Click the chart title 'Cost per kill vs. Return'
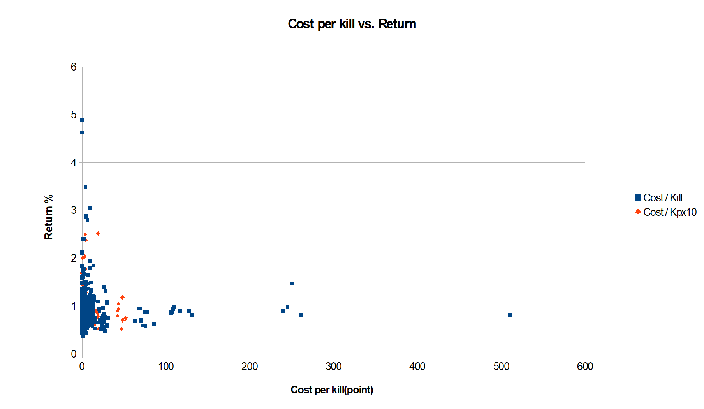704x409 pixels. (352, 24)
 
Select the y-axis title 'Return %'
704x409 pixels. (49, 217)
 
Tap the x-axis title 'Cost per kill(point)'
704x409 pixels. (332, 390)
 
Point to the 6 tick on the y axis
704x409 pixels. (74, 67)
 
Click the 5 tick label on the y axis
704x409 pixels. (74, 115)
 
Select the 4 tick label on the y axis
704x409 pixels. (74, 163)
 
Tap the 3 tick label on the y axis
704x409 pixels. (74, 210)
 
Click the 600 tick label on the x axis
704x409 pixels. (585, 366)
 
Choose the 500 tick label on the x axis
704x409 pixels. (501, 366)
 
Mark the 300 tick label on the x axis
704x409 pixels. (333, 366)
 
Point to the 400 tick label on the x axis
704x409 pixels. (417, 366)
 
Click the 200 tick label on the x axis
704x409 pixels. (250, 366)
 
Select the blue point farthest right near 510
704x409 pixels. (510, 315)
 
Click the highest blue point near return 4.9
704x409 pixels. (82, 120)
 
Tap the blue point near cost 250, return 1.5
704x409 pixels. (292, 283)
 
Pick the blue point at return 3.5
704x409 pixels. (85, 187)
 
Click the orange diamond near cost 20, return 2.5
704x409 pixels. (98, 233)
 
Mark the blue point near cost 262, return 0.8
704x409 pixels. (301, 315)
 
